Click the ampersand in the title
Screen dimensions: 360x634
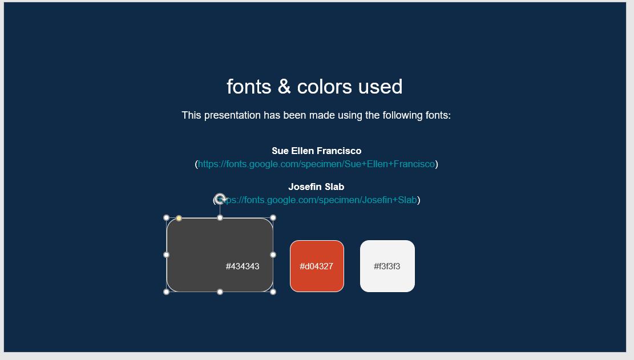(284, 87)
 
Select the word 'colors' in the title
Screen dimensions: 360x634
(324, 87)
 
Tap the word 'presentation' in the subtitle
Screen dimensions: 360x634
(232, 115)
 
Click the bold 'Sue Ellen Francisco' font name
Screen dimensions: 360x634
(316, 151)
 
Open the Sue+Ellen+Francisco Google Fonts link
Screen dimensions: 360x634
(316, 164)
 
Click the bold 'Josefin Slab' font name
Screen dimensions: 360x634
(316, 187)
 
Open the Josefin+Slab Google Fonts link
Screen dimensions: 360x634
(320, 200)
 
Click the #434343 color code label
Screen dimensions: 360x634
(243, 266)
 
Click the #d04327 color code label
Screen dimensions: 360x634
(317, 266)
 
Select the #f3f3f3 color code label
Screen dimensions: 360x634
(387, 266)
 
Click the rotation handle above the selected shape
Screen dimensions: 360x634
(220, 199)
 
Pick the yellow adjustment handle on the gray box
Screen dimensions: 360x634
(179, 219)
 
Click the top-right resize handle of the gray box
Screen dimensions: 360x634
(273, 218)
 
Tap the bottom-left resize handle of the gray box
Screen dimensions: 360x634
(167, 292)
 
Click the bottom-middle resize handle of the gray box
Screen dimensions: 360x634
(220, 292)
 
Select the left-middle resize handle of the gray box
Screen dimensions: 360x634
(167, 255)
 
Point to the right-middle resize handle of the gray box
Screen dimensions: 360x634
(273, 255)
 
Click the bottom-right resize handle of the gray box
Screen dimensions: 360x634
(273, 292)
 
